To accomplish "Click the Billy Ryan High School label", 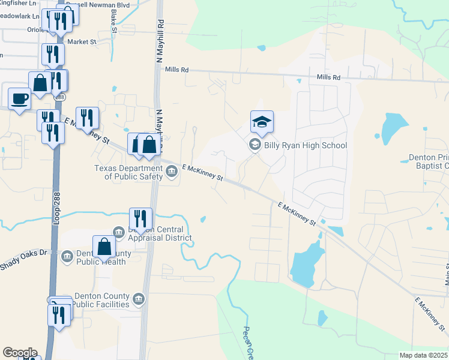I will point(306,145).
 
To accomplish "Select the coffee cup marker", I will point(19,98).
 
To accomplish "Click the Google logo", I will point(20,353).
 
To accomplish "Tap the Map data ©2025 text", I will point(424,355).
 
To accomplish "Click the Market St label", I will point(82,41).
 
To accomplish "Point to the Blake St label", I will point(113,19).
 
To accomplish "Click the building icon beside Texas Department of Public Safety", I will point(171,173).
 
